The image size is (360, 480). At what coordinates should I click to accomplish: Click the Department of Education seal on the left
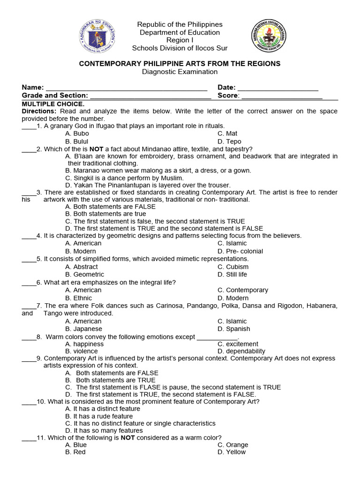coord(97,36)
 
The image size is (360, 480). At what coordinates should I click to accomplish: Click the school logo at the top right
coord(268,36)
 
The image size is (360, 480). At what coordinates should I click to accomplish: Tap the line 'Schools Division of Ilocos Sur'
coord(180,48)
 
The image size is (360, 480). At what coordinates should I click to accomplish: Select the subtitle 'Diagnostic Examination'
coord(180,72)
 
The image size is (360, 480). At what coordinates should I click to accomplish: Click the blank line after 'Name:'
coord(127,88)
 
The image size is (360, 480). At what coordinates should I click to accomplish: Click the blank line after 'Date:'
coord(278,88)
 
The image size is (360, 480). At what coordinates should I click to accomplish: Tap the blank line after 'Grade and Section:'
coord(150,96)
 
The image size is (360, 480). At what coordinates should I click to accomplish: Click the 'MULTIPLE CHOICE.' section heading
coord(53,104)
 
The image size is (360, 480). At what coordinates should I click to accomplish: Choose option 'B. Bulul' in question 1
coord(77,141)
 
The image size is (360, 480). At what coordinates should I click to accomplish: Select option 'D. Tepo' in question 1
coord(229,141)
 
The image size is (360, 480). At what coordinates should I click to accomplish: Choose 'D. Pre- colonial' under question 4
coord(240,251)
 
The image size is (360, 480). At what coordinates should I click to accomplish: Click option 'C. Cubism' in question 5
coord(233,267)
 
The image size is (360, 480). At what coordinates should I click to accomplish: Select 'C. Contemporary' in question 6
coord(243,290)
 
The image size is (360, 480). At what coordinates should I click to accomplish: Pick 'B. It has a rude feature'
coord(99,416)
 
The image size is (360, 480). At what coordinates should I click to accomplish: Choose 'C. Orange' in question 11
coord(232,444)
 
